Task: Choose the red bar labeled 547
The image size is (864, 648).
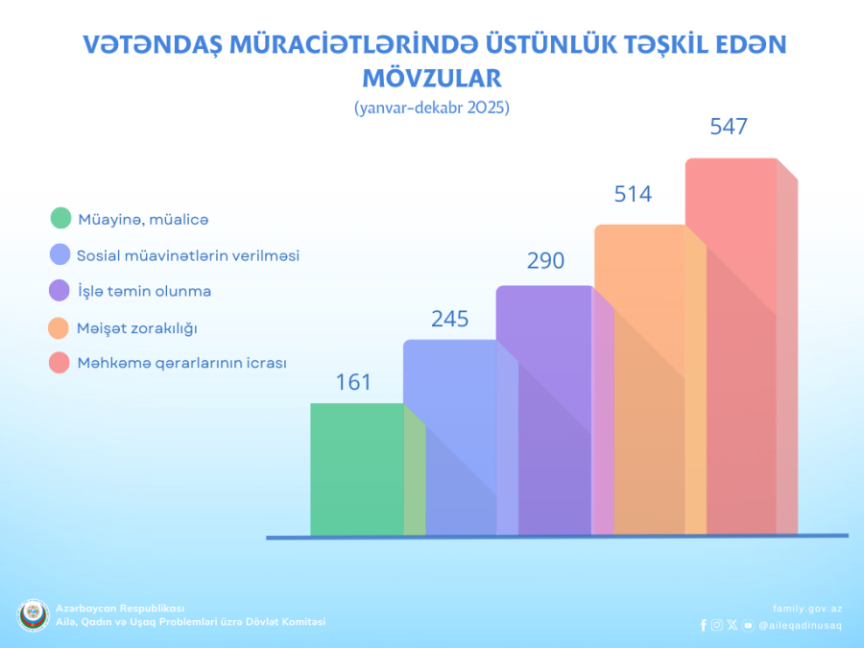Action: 731,346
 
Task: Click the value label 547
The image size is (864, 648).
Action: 729,127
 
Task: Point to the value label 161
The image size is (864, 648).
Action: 353,382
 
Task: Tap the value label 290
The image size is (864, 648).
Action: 545,260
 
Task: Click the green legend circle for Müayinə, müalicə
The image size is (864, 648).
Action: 60,218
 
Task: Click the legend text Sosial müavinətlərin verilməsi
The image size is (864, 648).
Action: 188,255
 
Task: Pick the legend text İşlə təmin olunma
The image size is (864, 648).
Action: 144,291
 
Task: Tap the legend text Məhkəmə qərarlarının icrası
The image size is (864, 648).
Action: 181,364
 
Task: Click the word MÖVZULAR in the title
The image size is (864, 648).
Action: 432,77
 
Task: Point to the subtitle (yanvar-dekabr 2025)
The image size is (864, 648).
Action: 432,108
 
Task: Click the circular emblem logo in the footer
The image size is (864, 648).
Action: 33,615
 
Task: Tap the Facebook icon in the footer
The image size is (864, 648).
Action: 704,625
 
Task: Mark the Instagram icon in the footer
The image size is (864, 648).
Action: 717,625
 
